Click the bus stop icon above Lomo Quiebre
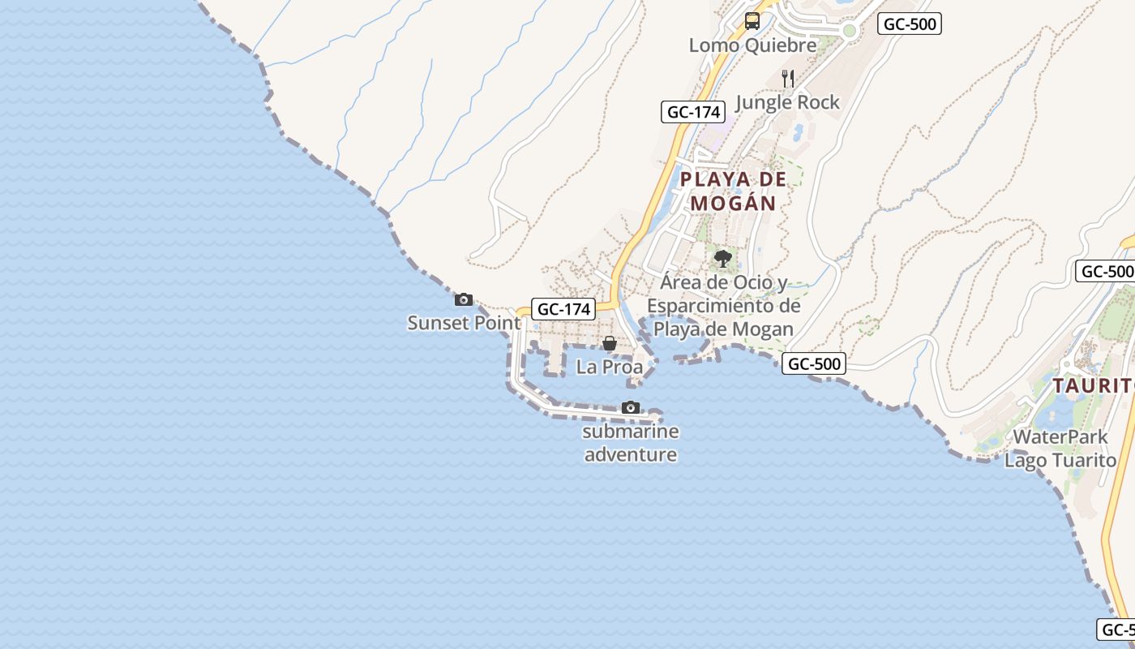point(752,21)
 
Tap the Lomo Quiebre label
point(752,45)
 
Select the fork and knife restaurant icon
point(787,78)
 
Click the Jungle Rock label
point(787,102)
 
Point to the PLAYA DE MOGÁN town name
point(734,191)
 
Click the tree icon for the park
point(722,259)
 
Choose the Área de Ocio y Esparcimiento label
point(723,306)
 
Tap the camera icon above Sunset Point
point(464,299)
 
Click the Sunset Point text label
point(464,323)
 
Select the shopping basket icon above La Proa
point(610,344)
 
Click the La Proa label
point(610,367)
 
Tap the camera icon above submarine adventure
point(631,407)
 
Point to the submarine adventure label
point(631,443)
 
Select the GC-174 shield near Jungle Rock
point(692,112)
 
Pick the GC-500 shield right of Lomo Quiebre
point(910,24)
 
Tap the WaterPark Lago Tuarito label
point(1060,449)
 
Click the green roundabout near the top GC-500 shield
point(850,31)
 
